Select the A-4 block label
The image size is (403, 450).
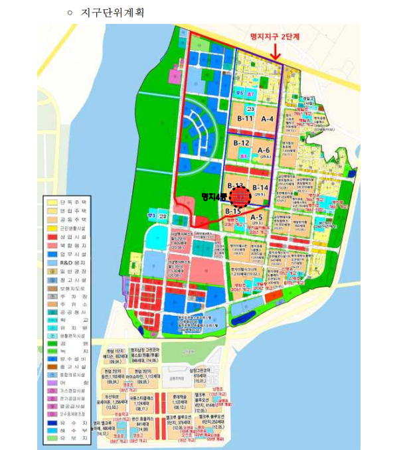coord(268,118)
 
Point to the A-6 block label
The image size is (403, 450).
coord(264,151)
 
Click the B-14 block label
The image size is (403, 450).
coord(260,188)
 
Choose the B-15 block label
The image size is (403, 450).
coord(232,211)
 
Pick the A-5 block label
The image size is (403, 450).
coord(257,217)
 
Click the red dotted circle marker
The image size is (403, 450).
coord(239,196)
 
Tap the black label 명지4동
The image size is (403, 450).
coord(214,196)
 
